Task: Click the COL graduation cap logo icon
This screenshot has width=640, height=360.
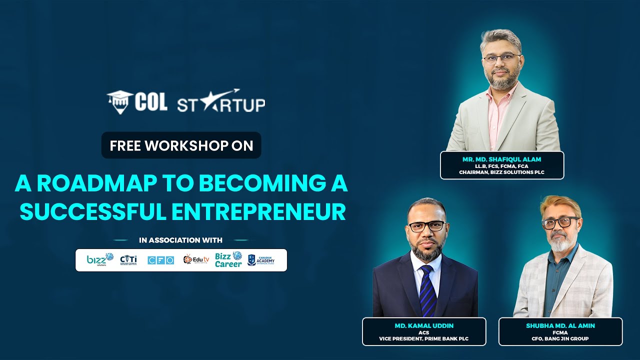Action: (119, 101)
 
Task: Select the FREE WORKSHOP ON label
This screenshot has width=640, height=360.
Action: (181, 145)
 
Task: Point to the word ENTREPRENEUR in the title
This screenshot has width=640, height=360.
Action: (259, 211)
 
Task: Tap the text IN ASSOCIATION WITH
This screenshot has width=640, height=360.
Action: (181, 240)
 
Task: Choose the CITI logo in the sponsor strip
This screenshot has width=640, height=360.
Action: (128, 259)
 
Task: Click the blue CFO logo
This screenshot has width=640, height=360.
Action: (160, 260)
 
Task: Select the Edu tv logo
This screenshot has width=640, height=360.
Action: (196, 259)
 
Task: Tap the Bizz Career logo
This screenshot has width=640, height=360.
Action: (228, 259)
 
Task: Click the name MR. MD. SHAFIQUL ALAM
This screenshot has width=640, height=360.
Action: (502, 159)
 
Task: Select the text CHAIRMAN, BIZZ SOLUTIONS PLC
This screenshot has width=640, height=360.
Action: (502, 172)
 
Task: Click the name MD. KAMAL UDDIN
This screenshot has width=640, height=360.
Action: (424, 325)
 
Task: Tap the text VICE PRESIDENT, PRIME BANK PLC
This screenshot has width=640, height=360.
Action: (424, 339)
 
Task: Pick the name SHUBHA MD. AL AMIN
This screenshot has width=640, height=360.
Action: (560, 325)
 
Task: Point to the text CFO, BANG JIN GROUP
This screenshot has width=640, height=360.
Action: (560, 339)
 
